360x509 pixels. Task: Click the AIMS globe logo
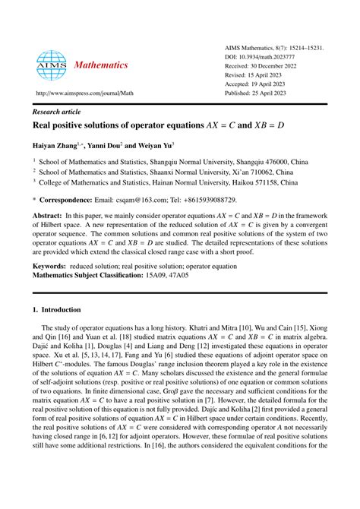(x=52, y=65)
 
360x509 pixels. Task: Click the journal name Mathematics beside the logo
(x=101, y=65)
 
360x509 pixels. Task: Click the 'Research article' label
(x=58, y=111)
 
